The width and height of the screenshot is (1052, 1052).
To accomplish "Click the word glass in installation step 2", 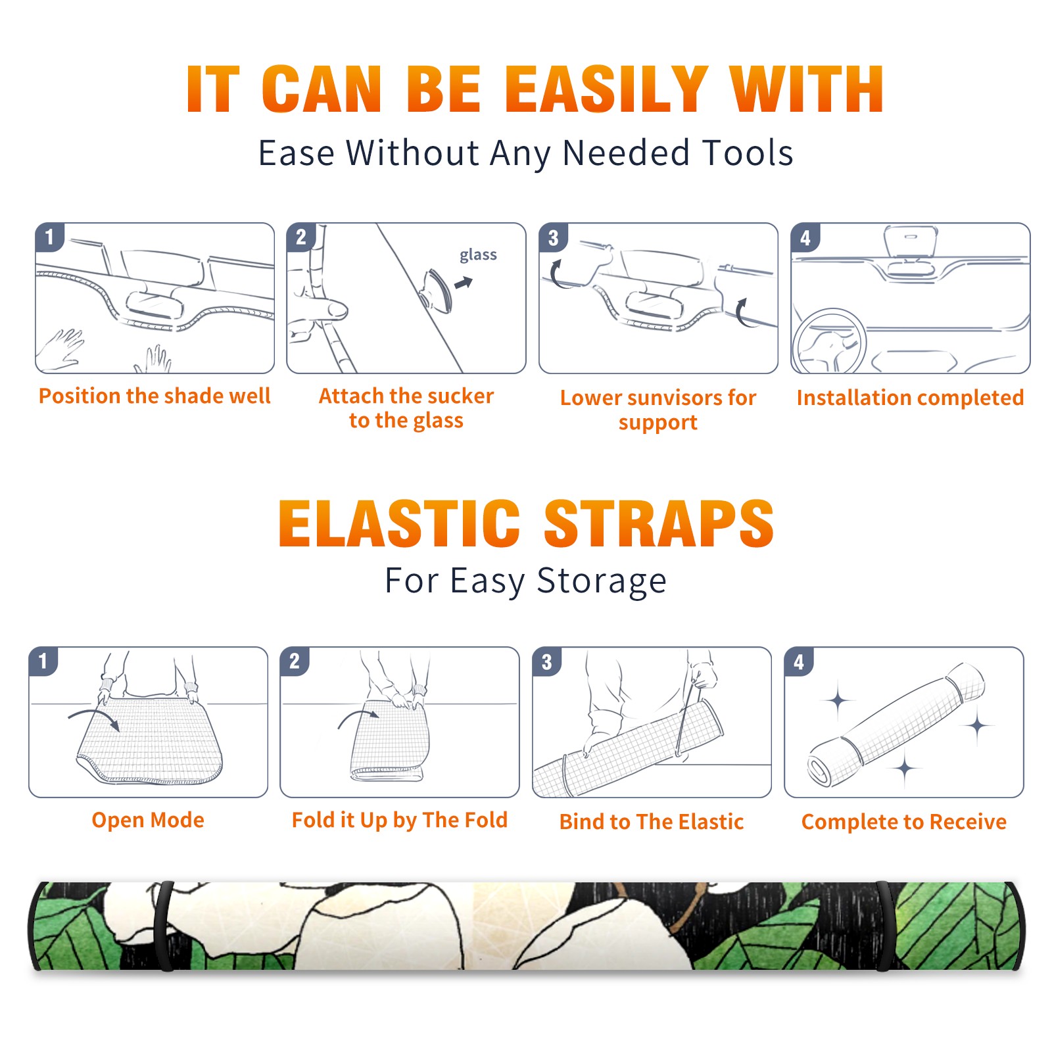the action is [478, 255].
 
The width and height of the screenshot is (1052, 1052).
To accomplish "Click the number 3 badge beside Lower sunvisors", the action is [553, 237].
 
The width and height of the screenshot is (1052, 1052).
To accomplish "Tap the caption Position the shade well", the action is [155, 396].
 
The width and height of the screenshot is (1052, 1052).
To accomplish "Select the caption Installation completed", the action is [910, 397].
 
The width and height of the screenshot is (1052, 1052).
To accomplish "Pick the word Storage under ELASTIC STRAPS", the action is [602, 581].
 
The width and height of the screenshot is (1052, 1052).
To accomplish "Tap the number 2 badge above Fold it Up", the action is [295, 661].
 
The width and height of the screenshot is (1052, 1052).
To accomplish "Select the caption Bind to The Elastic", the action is [651, 821].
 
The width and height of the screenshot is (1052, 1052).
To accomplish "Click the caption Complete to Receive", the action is [904, 822].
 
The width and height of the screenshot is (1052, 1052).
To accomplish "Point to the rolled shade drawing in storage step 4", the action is [896, 723].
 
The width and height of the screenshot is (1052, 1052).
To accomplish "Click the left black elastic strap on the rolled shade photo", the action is [164, 926].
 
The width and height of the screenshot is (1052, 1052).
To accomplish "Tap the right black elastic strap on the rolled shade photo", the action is [885, 926].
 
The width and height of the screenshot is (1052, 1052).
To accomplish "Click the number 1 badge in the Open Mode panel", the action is [43, 661].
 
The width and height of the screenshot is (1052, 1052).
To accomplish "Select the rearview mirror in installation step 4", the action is [911, 241].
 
